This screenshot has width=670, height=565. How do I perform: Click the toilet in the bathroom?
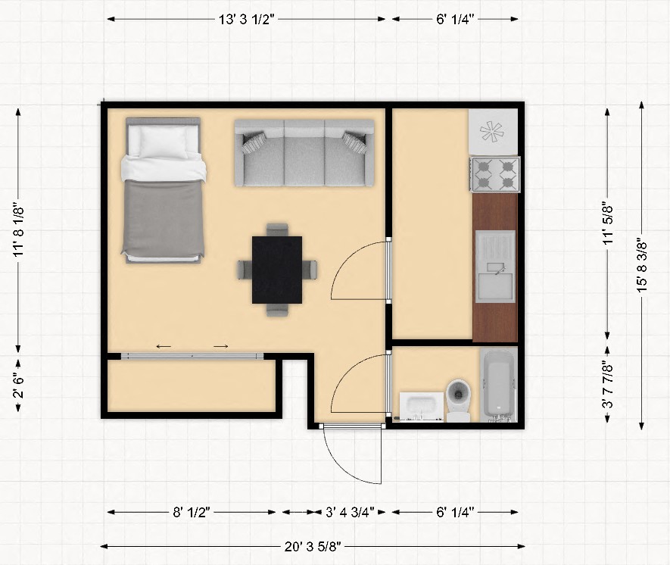[459, 401]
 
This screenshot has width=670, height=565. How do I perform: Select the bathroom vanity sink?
[422, 406]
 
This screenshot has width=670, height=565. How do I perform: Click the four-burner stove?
[495, 174]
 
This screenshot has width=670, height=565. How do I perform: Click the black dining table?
[277, 270]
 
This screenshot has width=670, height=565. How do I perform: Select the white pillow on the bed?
[164, 142]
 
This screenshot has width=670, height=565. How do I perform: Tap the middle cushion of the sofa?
[304, 152]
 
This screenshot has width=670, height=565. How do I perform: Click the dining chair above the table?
[277, 229]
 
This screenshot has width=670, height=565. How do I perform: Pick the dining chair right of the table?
[310, 270]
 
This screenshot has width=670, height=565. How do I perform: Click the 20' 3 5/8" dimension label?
[313, 546]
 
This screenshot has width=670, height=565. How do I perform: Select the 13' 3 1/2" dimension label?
[247, 19]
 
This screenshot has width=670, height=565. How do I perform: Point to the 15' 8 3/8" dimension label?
[642, 265]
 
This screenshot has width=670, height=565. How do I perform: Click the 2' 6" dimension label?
[18, 386]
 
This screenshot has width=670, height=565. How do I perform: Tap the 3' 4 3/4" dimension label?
[350, 512]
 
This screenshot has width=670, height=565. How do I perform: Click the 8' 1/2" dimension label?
[192, 512]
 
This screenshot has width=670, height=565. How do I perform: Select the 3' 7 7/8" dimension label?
[608, 384]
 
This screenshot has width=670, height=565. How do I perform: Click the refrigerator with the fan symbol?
[494, 132]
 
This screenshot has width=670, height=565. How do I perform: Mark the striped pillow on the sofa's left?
[254, 142]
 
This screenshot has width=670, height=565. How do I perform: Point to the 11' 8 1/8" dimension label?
[18, 229]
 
